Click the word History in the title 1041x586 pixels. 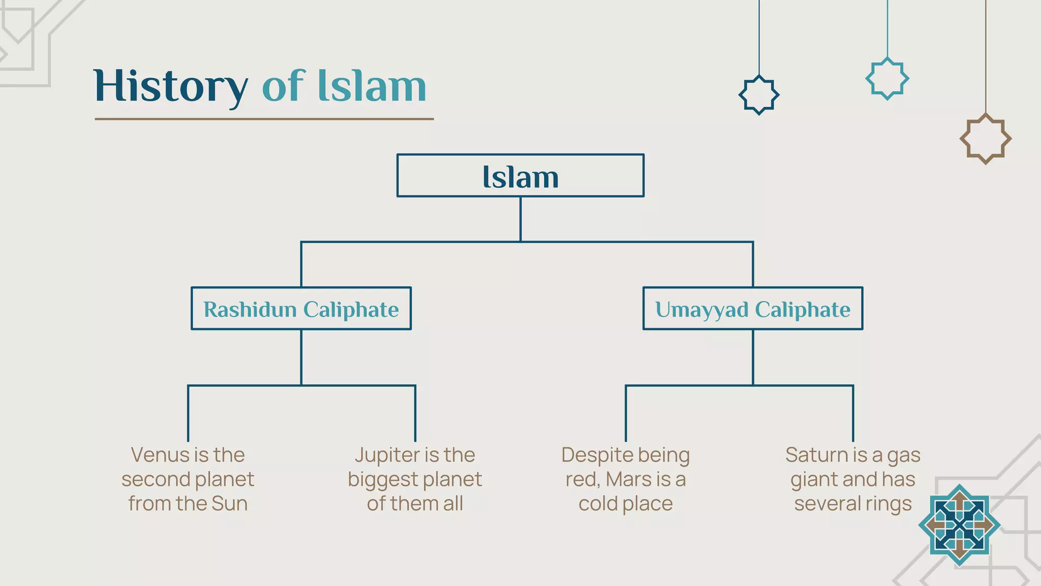point(170,86)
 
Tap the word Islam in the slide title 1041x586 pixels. point(372,86)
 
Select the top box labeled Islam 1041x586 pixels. point(520,176)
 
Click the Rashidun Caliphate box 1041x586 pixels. point(301,309)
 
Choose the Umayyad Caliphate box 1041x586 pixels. point(752,309)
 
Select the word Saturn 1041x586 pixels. point(810,455)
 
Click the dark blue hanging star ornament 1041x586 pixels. point(758,95)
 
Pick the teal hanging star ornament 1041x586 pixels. point(887,79)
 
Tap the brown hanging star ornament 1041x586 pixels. point(985,139)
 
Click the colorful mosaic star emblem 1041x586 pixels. point(959,525)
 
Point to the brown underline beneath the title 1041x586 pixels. point(264,119)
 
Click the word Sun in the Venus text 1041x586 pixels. point(229,504)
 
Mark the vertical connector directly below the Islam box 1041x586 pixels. point(520,219)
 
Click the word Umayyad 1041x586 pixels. point(701,309)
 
